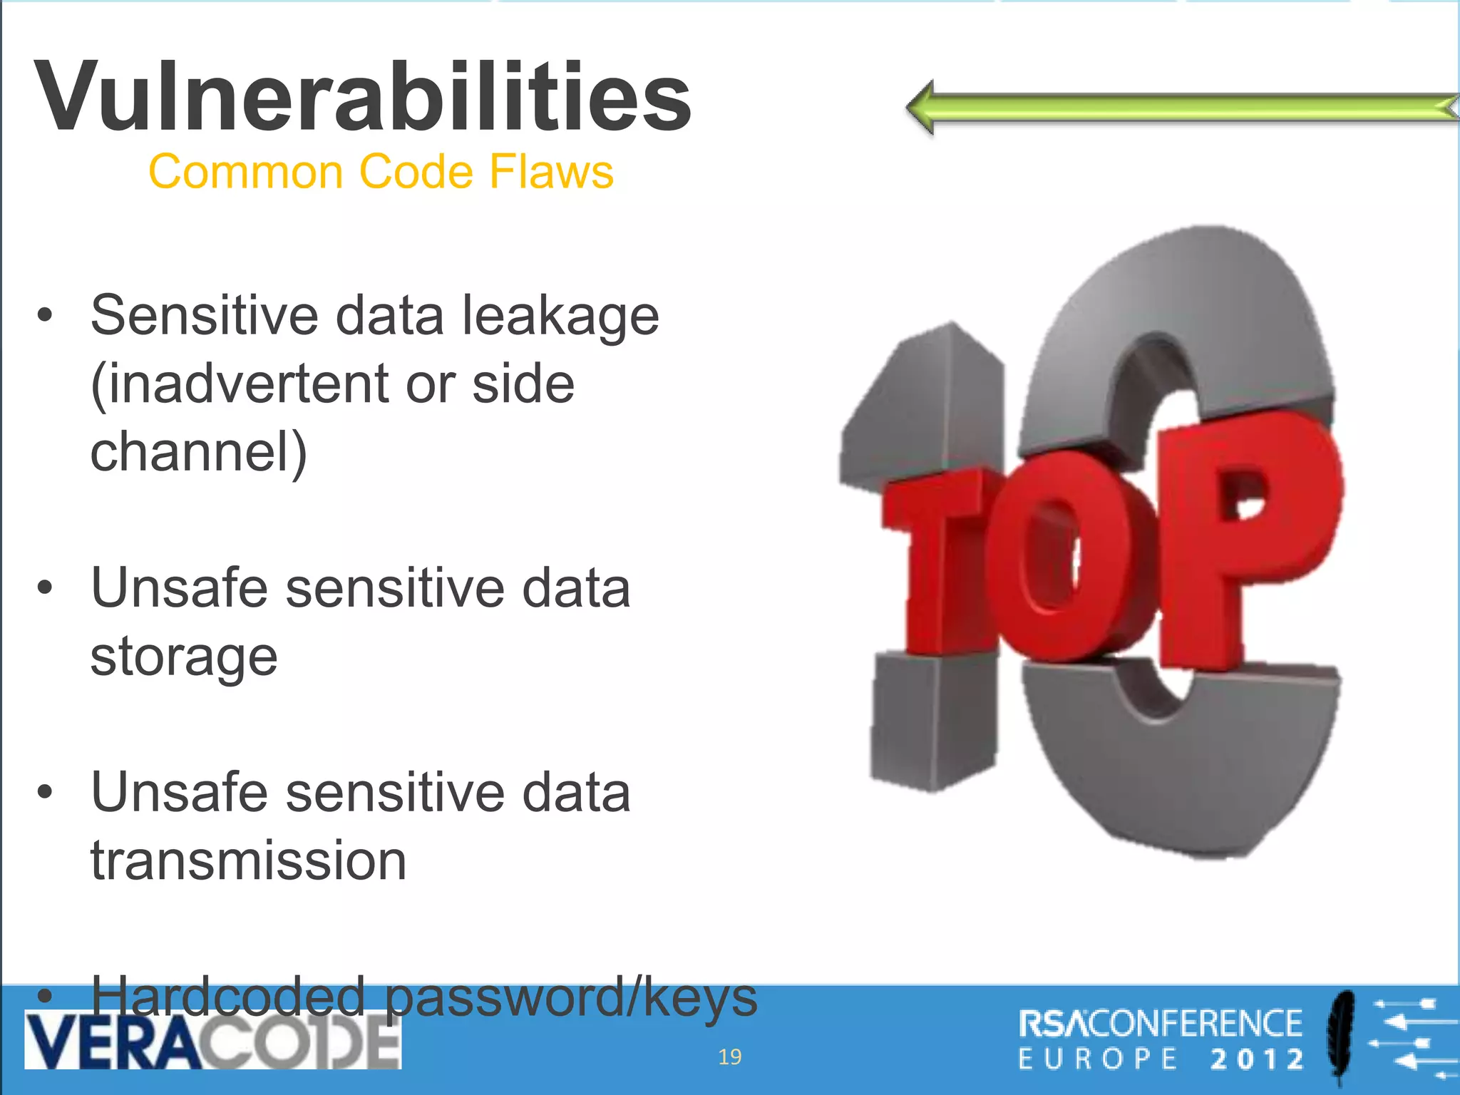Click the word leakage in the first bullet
pyautogui.click(x=560, y=316)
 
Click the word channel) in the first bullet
pyautogui.click(x=198, y=452)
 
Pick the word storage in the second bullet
pyautogui.click(x=183, y=657)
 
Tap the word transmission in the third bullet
pyautogui.click(x=248, y=860)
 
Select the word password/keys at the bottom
pyautogui.click(x=571, y=998)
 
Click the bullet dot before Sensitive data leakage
pyautogui.click(x=45, y=315)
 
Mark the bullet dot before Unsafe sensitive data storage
pyautogui.click(x=45, y=588)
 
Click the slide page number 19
pyautogui.click(x=729, y=1057)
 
